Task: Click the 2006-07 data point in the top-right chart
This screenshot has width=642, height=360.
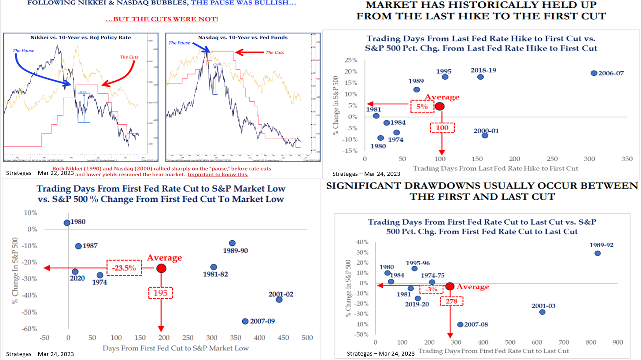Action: click(x=594, y=73)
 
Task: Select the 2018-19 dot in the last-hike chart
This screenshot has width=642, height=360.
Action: click(x=480, y=77)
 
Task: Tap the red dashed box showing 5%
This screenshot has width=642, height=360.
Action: click(x=422, y=107)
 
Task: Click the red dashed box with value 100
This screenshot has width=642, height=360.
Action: click(x=442, y=128)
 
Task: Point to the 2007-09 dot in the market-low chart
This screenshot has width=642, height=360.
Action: click(x=245, y=321)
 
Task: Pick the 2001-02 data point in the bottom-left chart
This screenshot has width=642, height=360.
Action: click(x=279, y=300)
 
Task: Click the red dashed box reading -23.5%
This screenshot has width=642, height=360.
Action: click(x=124, y=268)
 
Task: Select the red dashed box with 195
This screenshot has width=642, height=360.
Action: click(x=161, y=293)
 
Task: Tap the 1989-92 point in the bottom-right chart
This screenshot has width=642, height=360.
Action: click(x=598, y=253)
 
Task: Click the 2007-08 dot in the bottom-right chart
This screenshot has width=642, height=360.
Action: click(x=460, y=324)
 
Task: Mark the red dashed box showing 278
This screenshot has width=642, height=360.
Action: click(x=452, y=301)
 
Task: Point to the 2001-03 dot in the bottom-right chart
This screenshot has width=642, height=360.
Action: click(x=542, y=312)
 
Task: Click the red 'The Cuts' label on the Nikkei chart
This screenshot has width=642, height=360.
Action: click(x=129, y=57)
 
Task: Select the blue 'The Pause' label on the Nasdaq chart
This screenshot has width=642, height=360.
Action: click(x=179, y=43)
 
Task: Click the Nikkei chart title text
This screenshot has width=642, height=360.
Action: click(x=81, y=37)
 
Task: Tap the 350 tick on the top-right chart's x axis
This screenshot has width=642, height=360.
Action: click(x=627, y=159)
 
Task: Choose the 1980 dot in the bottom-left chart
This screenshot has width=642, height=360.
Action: click(x=67, y=223)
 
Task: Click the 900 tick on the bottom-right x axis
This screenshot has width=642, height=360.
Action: click(x=618, y=342)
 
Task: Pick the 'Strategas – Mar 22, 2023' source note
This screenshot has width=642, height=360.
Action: click(x=40, y=173)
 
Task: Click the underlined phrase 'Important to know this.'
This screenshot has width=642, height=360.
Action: click(x=218, y=174)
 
